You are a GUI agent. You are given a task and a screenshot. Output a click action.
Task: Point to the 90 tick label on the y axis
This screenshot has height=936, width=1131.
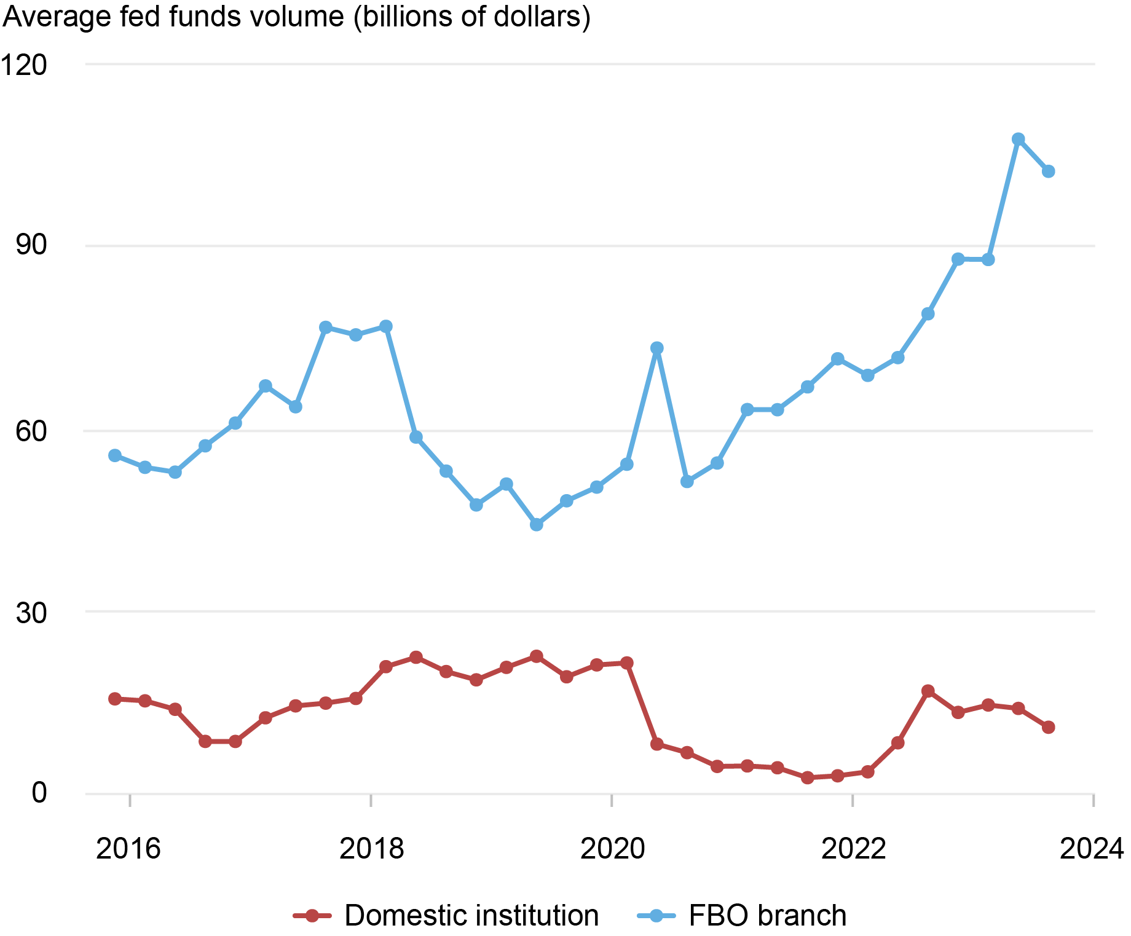31,245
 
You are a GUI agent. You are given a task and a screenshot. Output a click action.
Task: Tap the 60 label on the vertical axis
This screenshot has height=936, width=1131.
31,431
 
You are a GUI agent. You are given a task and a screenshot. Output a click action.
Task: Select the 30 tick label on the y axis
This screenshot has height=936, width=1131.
31,613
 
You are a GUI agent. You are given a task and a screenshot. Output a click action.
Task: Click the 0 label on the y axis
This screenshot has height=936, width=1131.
39,793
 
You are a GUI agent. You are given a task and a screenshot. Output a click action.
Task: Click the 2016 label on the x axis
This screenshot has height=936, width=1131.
128,849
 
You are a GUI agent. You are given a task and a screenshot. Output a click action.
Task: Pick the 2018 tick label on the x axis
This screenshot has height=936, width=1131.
371,849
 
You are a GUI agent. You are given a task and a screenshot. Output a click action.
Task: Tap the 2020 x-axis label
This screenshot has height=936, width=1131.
612,849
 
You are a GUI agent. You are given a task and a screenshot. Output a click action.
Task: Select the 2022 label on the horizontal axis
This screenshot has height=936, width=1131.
853,849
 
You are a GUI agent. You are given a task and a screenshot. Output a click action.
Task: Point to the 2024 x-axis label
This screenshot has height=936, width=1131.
1092,849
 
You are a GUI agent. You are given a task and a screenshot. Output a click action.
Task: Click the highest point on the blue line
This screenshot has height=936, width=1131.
1018,139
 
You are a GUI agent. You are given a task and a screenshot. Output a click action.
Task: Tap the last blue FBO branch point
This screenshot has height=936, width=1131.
1049,171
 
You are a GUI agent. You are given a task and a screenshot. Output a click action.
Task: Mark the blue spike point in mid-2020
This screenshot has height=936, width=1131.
657,348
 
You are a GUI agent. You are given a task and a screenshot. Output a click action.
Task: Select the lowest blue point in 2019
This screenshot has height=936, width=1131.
537,525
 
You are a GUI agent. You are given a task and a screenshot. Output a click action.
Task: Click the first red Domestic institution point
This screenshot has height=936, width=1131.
115,699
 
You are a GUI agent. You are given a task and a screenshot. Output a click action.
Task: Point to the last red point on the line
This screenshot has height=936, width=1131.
1049,727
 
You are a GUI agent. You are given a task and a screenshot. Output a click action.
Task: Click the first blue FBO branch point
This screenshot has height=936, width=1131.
115,455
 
